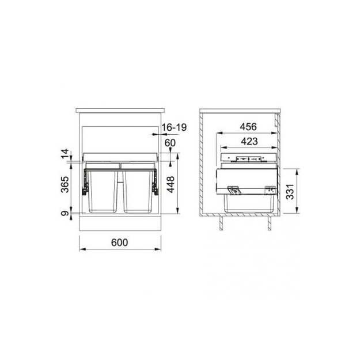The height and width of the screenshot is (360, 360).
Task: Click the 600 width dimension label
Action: tap(119, 242)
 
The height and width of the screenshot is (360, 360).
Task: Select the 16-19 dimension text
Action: tap(175, 127)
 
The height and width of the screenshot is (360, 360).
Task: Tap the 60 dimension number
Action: tap(170, 143)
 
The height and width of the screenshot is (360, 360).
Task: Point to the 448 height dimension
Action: tap(170, 184)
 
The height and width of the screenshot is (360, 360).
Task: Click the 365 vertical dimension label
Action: tap(65, 184)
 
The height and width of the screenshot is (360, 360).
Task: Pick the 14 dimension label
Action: tap(65, 154)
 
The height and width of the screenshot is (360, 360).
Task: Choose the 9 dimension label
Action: tap(65, 214)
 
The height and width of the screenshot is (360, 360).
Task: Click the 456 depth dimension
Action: tap(248, 127)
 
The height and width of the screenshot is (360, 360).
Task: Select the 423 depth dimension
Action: tap(249, 142)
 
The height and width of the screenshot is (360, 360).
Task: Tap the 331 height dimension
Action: tap(290, 192)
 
